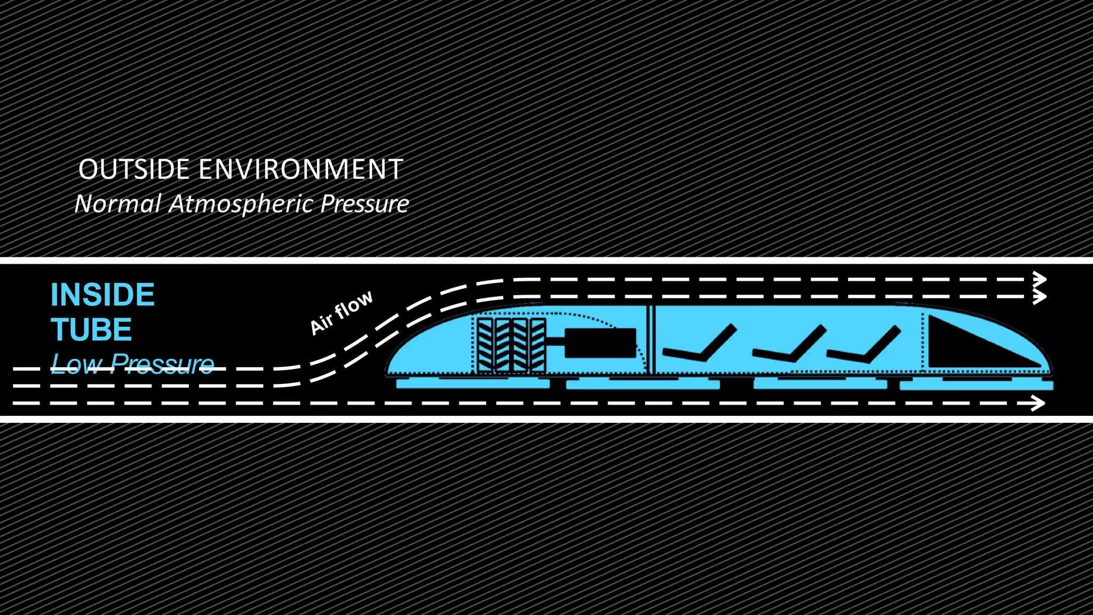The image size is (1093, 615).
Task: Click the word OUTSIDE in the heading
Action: tap(133, 170)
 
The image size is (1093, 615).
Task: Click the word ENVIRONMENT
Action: tap(301, 170)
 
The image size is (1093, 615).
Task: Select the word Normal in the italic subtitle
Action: tap(117, 204)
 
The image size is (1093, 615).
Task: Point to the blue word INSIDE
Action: tap(102, 295)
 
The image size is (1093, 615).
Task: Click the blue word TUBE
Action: tap(91, 330)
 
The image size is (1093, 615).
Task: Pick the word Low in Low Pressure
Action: tap(77, 364)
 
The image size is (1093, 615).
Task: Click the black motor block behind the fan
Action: tap(600, 343)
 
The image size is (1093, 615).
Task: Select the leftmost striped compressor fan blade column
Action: tap(485, 345)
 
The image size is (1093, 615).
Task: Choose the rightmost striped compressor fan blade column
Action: tap(538, 345)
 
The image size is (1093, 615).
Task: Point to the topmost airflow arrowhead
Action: tap(1039, 279)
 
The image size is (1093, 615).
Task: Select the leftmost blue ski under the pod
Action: tap(473, 383)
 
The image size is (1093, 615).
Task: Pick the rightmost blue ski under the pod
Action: tap(976, 385)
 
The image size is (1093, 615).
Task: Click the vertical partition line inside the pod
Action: tap(651, 339)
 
